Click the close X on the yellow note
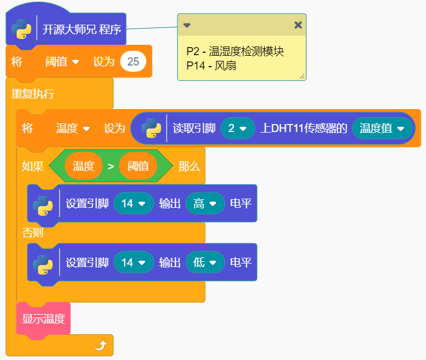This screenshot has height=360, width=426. [297, 25]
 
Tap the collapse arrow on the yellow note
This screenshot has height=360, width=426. [187, 25]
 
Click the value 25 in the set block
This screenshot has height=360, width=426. [133, 61]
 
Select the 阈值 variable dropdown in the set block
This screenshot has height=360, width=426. [62, 61]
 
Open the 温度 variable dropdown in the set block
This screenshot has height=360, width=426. [72, 128]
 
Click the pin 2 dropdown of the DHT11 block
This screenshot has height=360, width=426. [238, 128]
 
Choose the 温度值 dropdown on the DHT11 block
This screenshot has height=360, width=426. [382, 128]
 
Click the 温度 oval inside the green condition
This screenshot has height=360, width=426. [83, 167]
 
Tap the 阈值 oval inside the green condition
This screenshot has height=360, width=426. [138, 167]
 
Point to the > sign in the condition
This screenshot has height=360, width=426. [111, 167]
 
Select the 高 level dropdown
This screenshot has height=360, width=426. [205, 203]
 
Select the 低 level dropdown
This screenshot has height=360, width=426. [205, 262]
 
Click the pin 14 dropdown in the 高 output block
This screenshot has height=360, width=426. [133, 203]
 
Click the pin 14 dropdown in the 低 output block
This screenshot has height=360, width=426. [133, 262]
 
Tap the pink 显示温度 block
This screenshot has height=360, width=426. [44, 318]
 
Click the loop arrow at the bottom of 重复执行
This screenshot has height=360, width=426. [100, 344]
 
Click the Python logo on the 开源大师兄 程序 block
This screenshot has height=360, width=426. [21, 29]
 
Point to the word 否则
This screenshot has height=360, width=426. [33, 233]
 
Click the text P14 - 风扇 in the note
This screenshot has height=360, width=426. [212, 65]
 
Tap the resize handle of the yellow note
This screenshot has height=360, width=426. [302, 76]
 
